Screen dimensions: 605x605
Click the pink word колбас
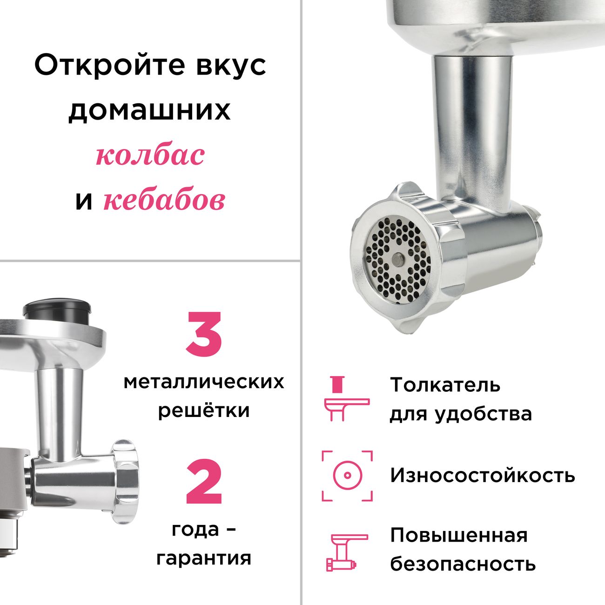tap(150, 155)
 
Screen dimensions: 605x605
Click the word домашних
tap(150, 111)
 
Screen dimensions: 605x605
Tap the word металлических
tap(204, 382)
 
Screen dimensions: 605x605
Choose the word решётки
tap(204, 411)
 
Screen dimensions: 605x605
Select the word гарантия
tap(204, 558)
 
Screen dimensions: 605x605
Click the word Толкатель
tap(445, 385)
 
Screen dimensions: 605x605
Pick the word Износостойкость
tap(483, 476)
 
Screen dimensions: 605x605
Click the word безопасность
tap(463, 564)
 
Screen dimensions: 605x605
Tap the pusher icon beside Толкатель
tap(346, 398)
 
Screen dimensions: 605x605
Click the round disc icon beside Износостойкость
tap(347, 476)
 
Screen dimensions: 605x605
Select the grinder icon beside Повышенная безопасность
tap(346, 552)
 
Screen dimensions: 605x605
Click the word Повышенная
tap(459, 535)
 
